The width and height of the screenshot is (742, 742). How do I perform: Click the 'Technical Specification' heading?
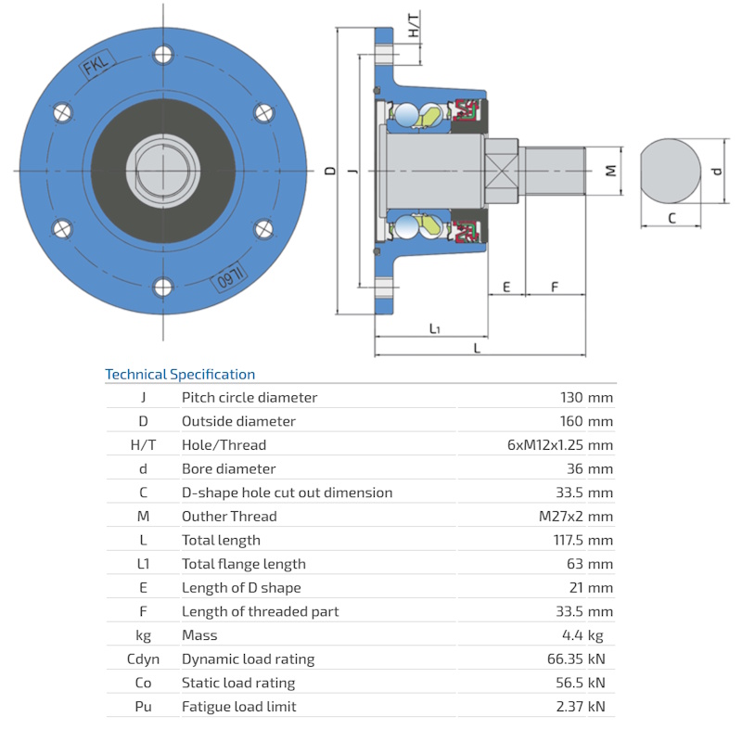[180, 375]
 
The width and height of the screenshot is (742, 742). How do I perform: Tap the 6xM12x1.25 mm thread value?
[560, 445]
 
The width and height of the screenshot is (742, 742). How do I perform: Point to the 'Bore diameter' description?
[228, 469]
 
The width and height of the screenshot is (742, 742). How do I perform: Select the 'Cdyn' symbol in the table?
[144, 659]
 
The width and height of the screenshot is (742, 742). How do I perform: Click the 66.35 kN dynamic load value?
[576, 659]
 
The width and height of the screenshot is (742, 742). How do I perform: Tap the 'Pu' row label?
[144, 707]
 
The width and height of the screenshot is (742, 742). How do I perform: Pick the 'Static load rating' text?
[238, 683]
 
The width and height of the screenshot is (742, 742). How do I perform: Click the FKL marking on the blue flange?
[96, 66]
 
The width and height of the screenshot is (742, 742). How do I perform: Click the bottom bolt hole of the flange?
[163, 287]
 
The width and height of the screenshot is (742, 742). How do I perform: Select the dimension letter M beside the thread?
[610, 171]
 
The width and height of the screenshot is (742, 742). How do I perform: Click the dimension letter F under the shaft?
[555, 287]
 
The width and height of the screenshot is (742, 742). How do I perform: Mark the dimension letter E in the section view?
[506, 287]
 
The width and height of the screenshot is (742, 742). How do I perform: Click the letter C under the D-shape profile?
[672, 218]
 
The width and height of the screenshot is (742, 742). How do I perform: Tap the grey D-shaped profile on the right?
[670, 171]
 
